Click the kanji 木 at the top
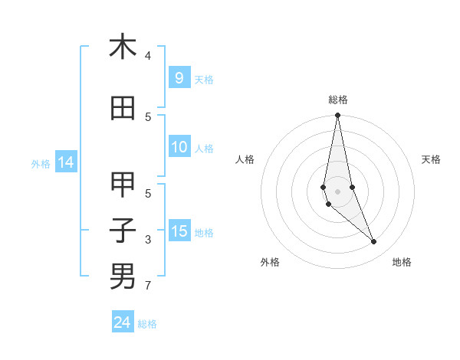[123, 47]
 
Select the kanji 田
[123, 109]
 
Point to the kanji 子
[123, 231]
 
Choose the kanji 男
[123, 276]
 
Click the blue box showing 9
[179, 77]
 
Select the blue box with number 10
[179, 147]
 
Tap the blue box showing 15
[179, 231]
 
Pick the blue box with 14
[65, 162]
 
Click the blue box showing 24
[122, 322]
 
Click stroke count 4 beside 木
[148, 56]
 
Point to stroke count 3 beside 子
[148, 240]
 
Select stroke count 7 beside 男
[148, 286]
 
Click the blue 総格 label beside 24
[147, 324]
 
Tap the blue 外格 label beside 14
[41, 163]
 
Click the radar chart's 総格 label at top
[337, 100]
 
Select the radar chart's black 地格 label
[402, 262]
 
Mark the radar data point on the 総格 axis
[337, 116]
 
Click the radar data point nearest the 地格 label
[374, 242]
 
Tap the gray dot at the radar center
[337, 191]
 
